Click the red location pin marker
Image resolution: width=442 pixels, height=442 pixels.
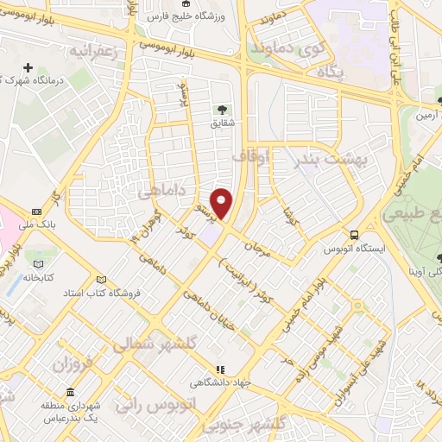pos(222,202)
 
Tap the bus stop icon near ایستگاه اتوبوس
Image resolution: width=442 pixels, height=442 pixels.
pos(354,235)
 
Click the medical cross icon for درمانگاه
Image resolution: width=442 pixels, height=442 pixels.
pos(29,67)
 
